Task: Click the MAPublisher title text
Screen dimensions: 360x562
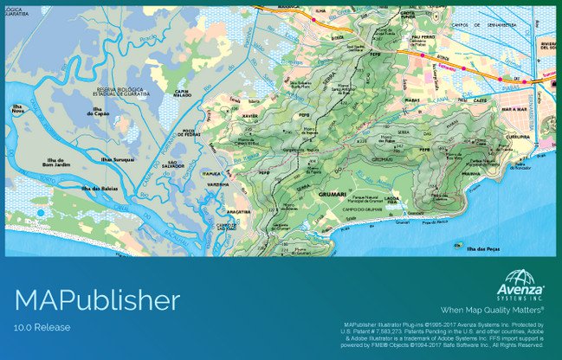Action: coord(97,301)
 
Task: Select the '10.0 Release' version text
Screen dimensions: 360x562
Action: coord(42,327)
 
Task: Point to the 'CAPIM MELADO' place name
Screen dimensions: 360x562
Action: coord(181,94)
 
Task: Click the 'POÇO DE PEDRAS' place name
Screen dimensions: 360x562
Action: coord(189,133)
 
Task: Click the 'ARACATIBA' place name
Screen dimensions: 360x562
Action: coord(239,211)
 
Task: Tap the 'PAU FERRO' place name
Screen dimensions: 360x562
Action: coord(423,38)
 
